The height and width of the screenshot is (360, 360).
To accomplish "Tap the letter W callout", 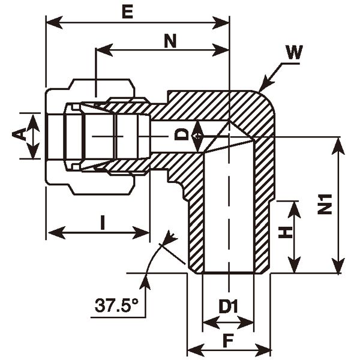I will (x=293, y=52).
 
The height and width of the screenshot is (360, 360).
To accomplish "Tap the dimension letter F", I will (x=228, y=341).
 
